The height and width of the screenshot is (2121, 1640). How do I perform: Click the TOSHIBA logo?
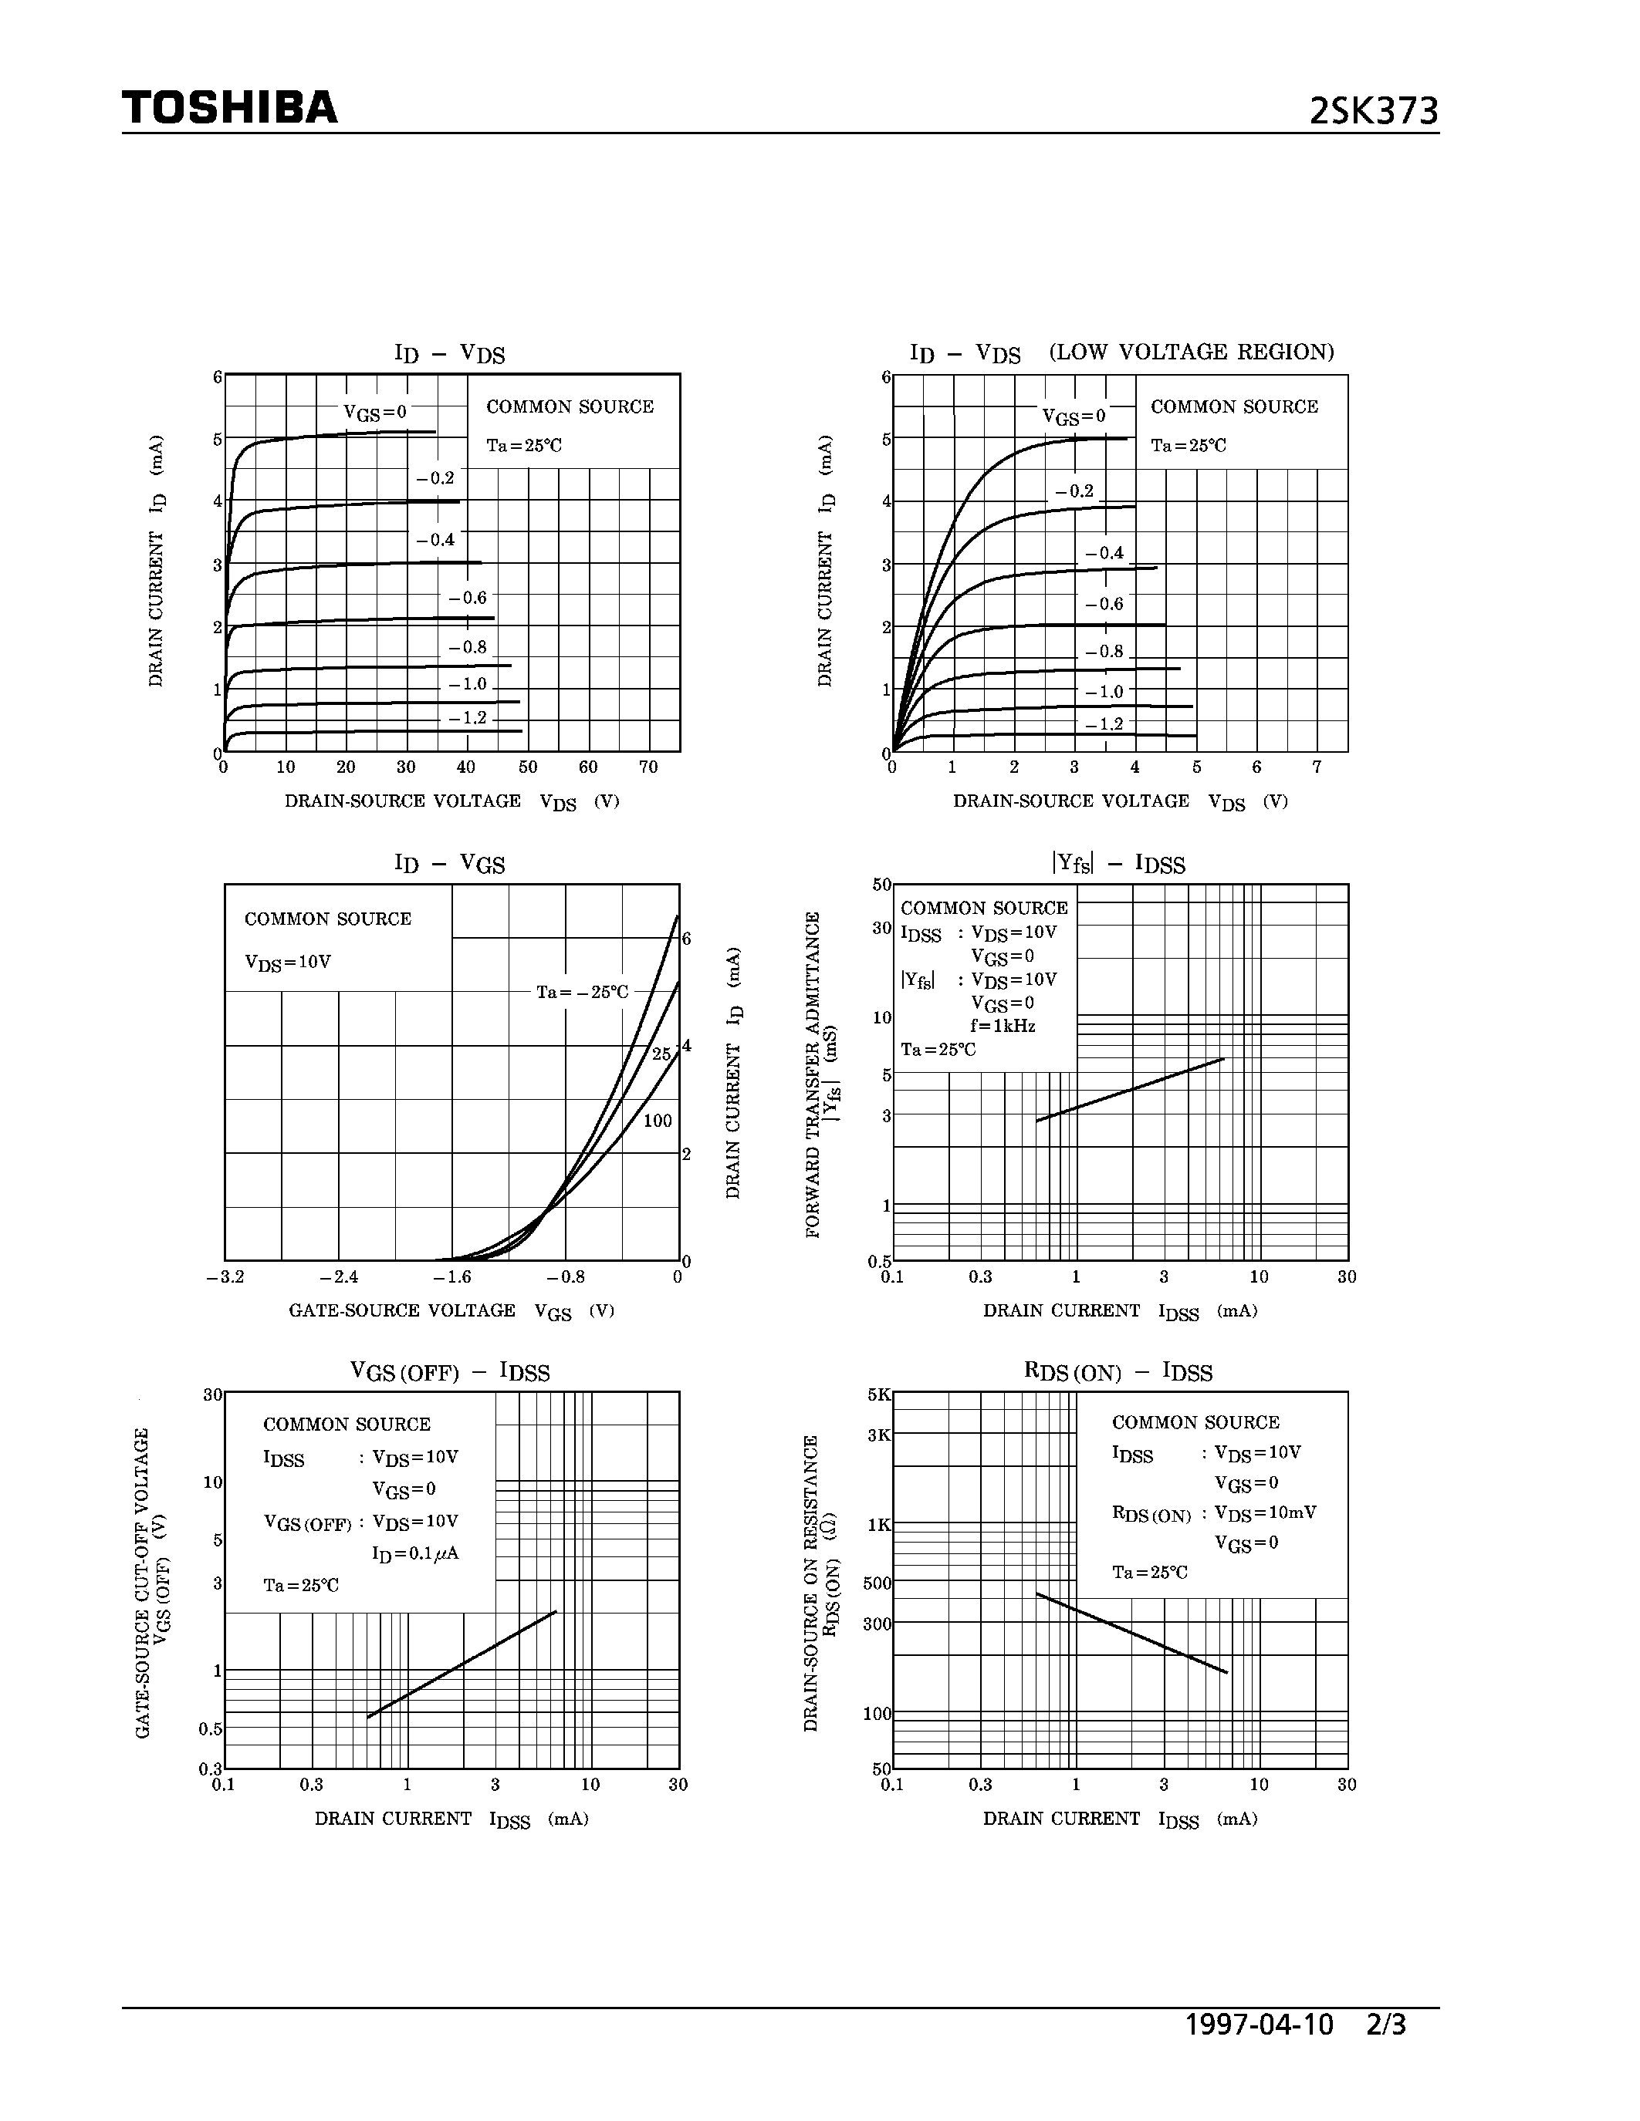pos(229,107)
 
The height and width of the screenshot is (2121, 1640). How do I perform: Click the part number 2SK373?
pos(1373,112)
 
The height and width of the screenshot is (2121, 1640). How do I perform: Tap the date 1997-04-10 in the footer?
pos(1260,2024)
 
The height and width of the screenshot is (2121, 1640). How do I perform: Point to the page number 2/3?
pos(1386,2024)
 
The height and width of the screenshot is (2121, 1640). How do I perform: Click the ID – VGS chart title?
pos(449,863)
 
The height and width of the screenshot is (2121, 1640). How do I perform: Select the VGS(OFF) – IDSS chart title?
pos(449,1372)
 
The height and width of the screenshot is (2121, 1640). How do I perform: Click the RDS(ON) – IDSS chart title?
pos(1118,1372)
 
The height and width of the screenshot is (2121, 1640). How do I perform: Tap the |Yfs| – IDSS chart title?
pos(1118,863)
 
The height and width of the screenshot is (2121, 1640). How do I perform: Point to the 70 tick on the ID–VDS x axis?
pos(648,767)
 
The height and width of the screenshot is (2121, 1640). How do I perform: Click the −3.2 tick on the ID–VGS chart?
pos(225,1277)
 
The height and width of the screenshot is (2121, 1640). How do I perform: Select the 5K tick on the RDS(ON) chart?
pos(878,1394)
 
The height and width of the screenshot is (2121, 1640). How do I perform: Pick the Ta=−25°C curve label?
pos(583,993)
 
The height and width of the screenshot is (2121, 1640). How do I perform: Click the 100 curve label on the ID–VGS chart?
pos(658,1121)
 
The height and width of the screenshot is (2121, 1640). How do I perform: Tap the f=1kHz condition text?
pos(1003,1026)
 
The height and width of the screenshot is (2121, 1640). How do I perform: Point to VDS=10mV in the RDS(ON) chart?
pos(1265,1513)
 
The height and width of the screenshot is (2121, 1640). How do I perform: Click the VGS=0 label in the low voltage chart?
pos(1074,416)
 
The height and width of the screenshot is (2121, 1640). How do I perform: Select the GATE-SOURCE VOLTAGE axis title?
pos(402,1310)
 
